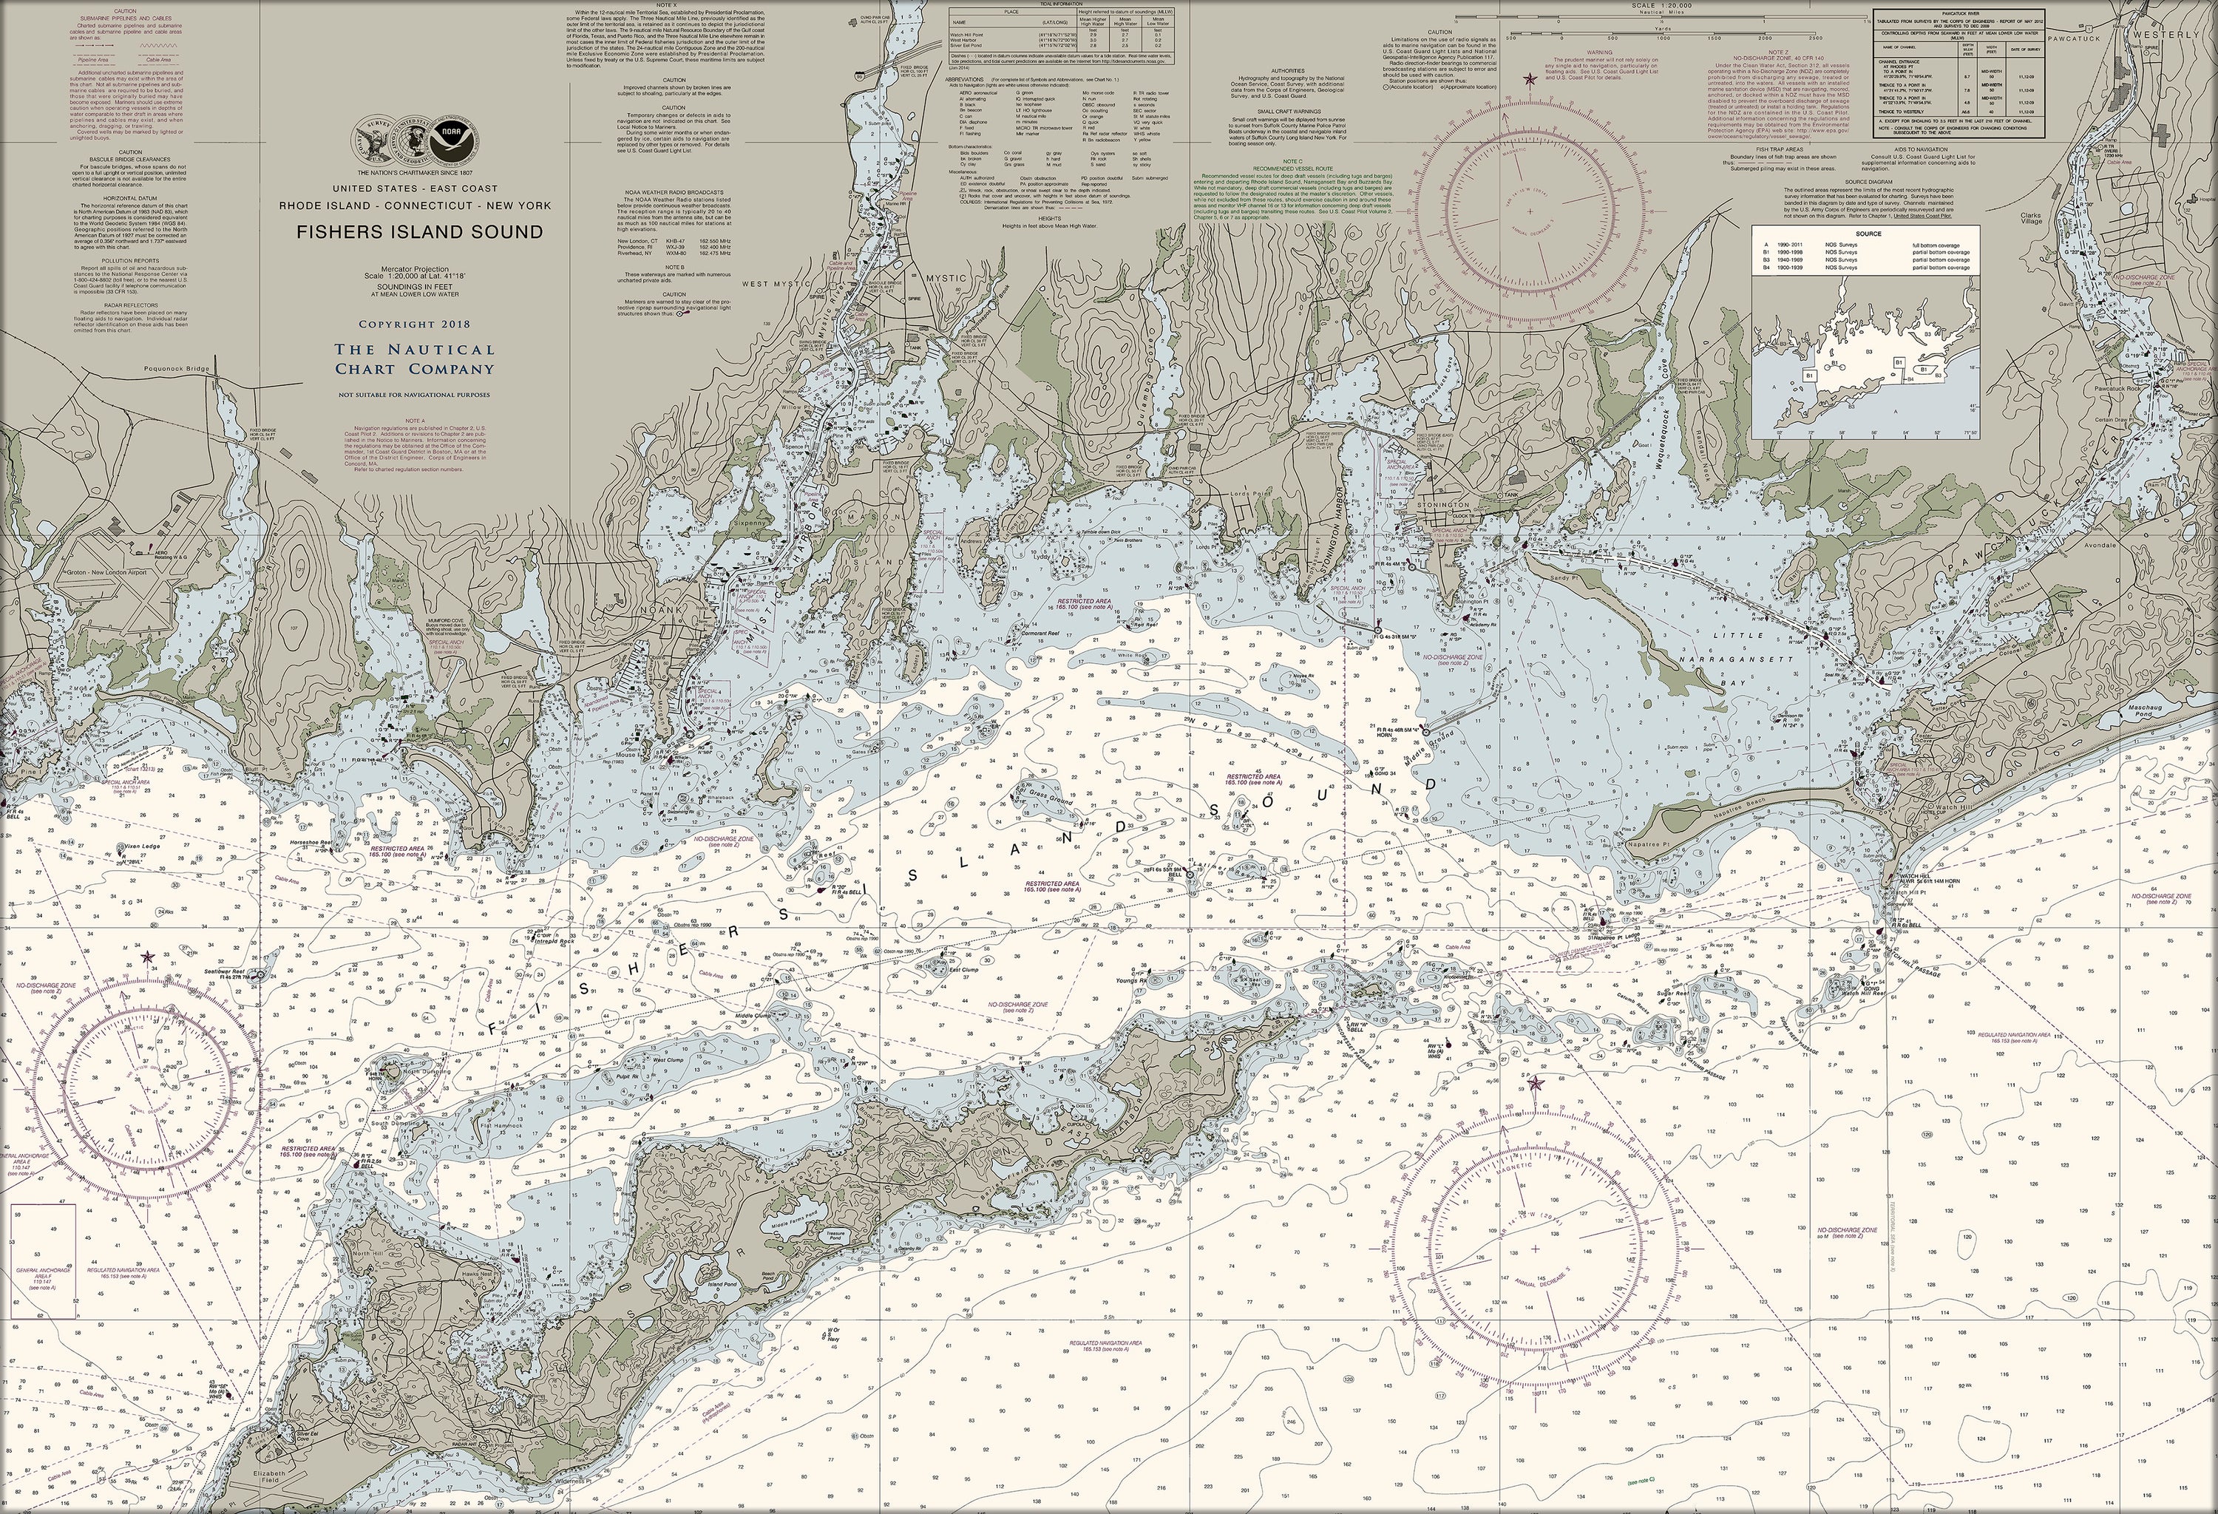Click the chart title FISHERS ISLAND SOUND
[x=419, y=232]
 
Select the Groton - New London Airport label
[x=99, y=572]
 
